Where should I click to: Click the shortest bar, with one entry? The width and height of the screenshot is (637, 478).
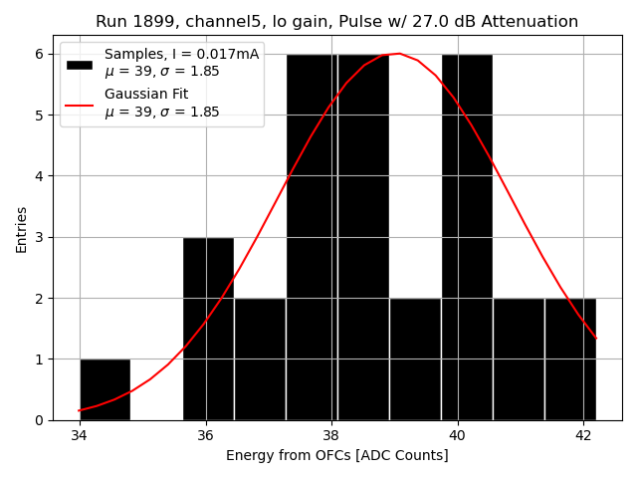pos(105,389)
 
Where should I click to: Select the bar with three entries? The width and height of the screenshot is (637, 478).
pos(208,329)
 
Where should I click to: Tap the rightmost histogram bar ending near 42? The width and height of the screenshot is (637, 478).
pos(570,358)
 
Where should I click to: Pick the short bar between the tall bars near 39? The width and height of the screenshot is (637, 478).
pos(415,358)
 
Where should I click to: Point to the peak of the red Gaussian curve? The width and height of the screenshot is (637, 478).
pos(399,54)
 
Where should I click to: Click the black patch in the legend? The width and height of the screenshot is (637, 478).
pos(80,64)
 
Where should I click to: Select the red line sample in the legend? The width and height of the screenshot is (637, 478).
pos(80,103)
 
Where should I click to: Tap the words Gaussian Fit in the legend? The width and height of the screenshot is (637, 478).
pos(146,95)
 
